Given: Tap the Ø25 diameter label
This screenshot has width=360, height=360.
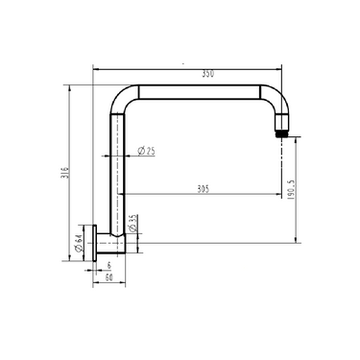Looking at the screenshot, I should (x=147, y=151).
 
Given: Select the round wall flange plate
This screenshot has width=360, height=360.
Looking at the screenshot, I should (x=99, y=244).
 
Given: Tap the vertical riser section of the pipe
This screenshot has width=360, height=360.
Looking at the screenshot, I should (x=120, y=173).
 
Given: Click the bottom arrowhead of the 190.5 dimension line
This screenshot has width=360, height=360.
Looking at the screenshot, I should (x=298, y=240).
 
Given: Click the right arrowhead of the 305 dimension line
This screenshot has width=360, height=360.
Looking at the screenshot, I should (x=277, y=196).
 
